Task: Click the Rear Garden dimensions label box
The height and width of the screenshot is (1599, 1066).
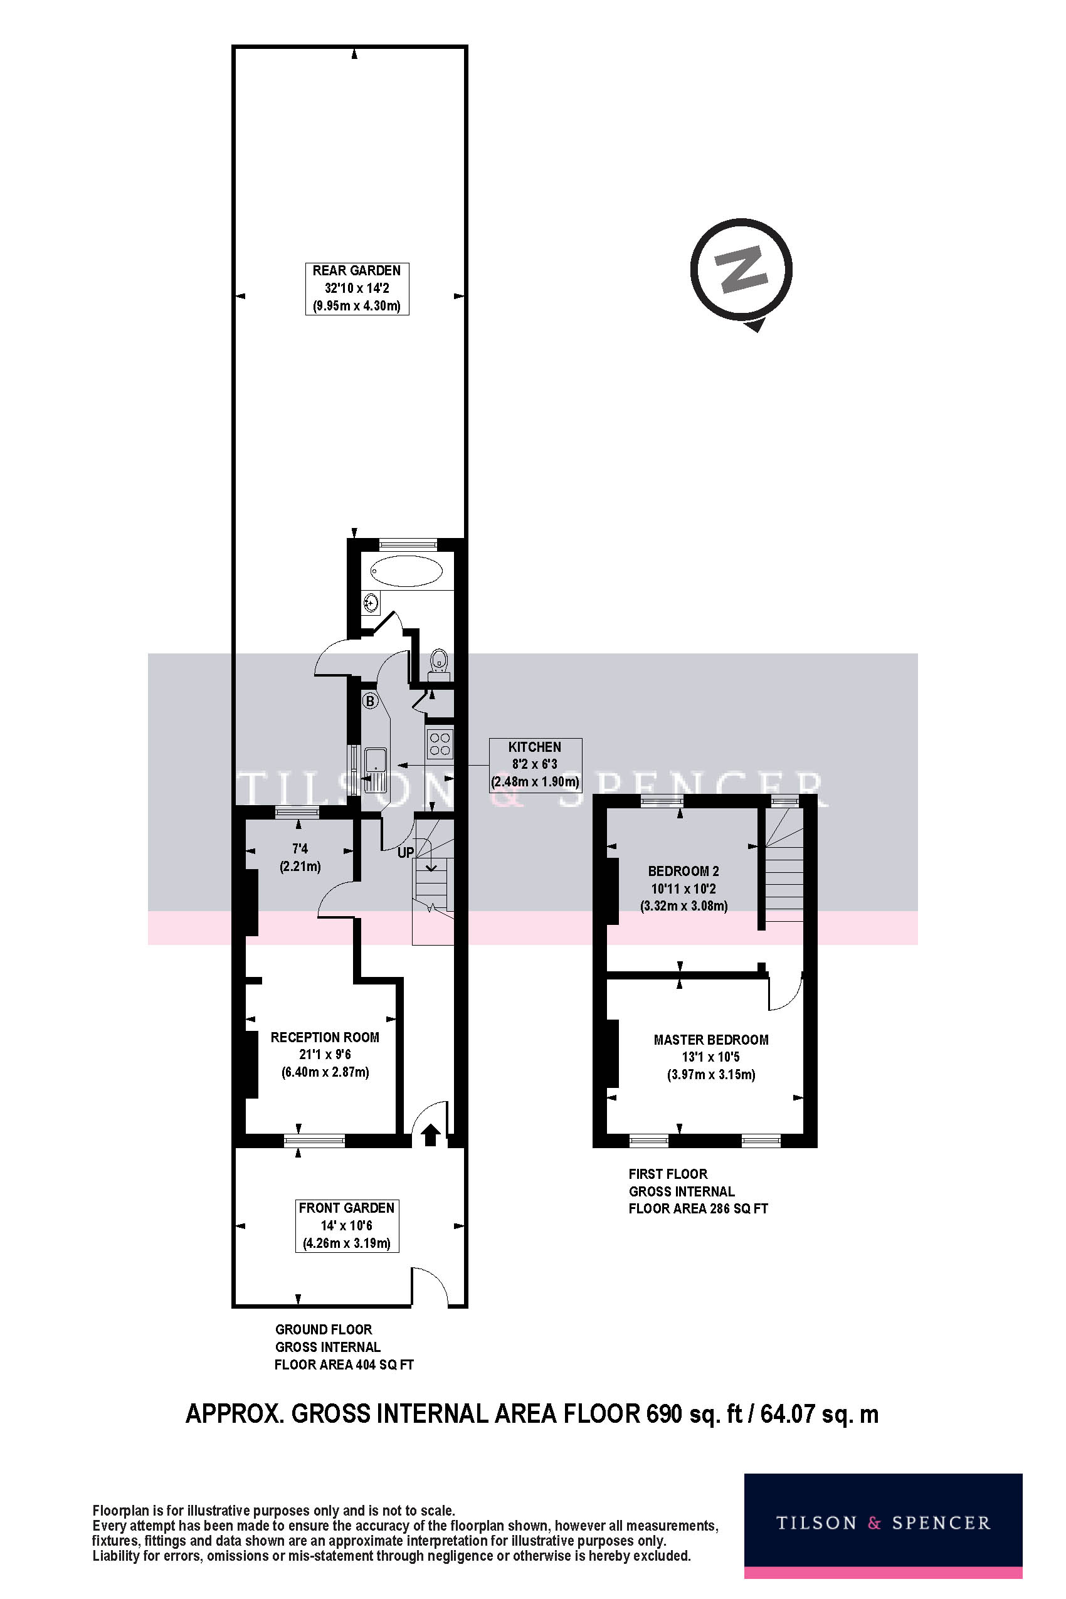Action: point(356,288)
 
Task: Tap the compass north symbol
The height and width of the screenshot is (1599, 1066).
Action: point(741,269)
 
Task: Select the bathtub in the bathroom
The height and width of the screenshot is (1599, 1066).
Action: point(406,571)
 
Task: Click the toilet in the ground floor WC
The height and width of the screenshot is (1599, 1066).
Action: point(440,660)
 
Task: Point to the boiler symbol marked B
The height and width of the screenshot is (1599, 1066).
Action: point(370,701)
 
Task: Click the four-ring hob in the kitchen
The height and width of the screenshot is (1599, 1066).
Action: point(440,743)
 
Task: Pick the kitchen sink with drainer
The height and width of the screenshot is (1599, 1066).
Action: point(375,770)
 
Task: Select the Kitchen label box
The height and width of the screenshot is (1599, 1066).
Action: point(535,765)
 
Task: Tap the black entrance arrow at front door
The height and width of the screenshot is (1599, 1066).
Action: point(430,1134)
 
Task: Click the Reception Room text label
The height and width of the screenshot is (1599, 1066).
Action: point(324,1037)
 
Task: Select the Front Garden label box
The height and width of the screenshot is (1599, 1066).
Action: point(347,1226)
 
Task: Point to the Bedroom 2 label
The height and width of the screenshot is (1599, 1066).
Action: point(683,871)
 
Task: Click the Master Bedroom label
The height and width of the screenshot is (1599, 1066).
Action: point(710,1040)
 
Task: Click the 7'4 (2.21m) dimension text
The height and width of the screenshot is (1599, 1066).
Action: point(300,857)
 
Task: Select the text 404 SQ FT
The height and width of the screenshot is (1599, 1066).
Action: point(383,1364)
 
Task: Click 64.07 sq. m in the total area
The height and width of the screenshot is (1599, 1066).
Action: point(818,1414)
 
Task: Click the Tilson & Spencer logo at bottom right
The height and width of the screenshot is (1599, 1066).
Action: point(882,1524)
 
